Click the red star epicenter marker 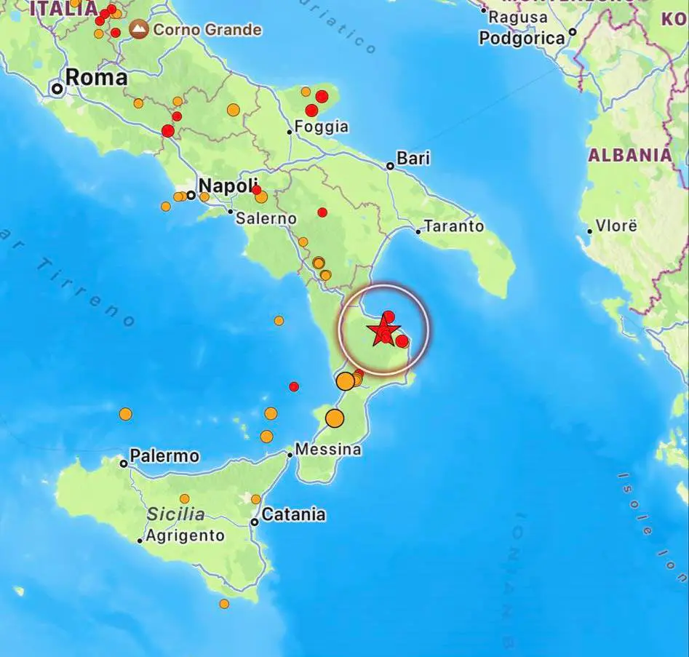pos(383,333)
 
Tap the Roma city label pos(96,78)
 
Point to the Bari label pos(413,158)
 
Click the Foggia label pos(322,127)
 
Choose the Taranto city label pos(454,226)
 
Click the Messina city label pos(328,450)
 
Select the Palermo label pos(164,456)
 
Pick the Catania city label pos(293,514)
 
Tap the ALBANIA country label pos(630,155)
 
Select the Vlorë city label pos(616,226)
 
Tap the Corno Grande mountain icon pos(138,30)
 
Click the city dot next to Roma pos(57,89)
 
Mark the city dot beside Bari pos(390,166)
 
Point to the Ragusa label pos(518,16)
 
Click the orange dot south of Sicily pos(224,604)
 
